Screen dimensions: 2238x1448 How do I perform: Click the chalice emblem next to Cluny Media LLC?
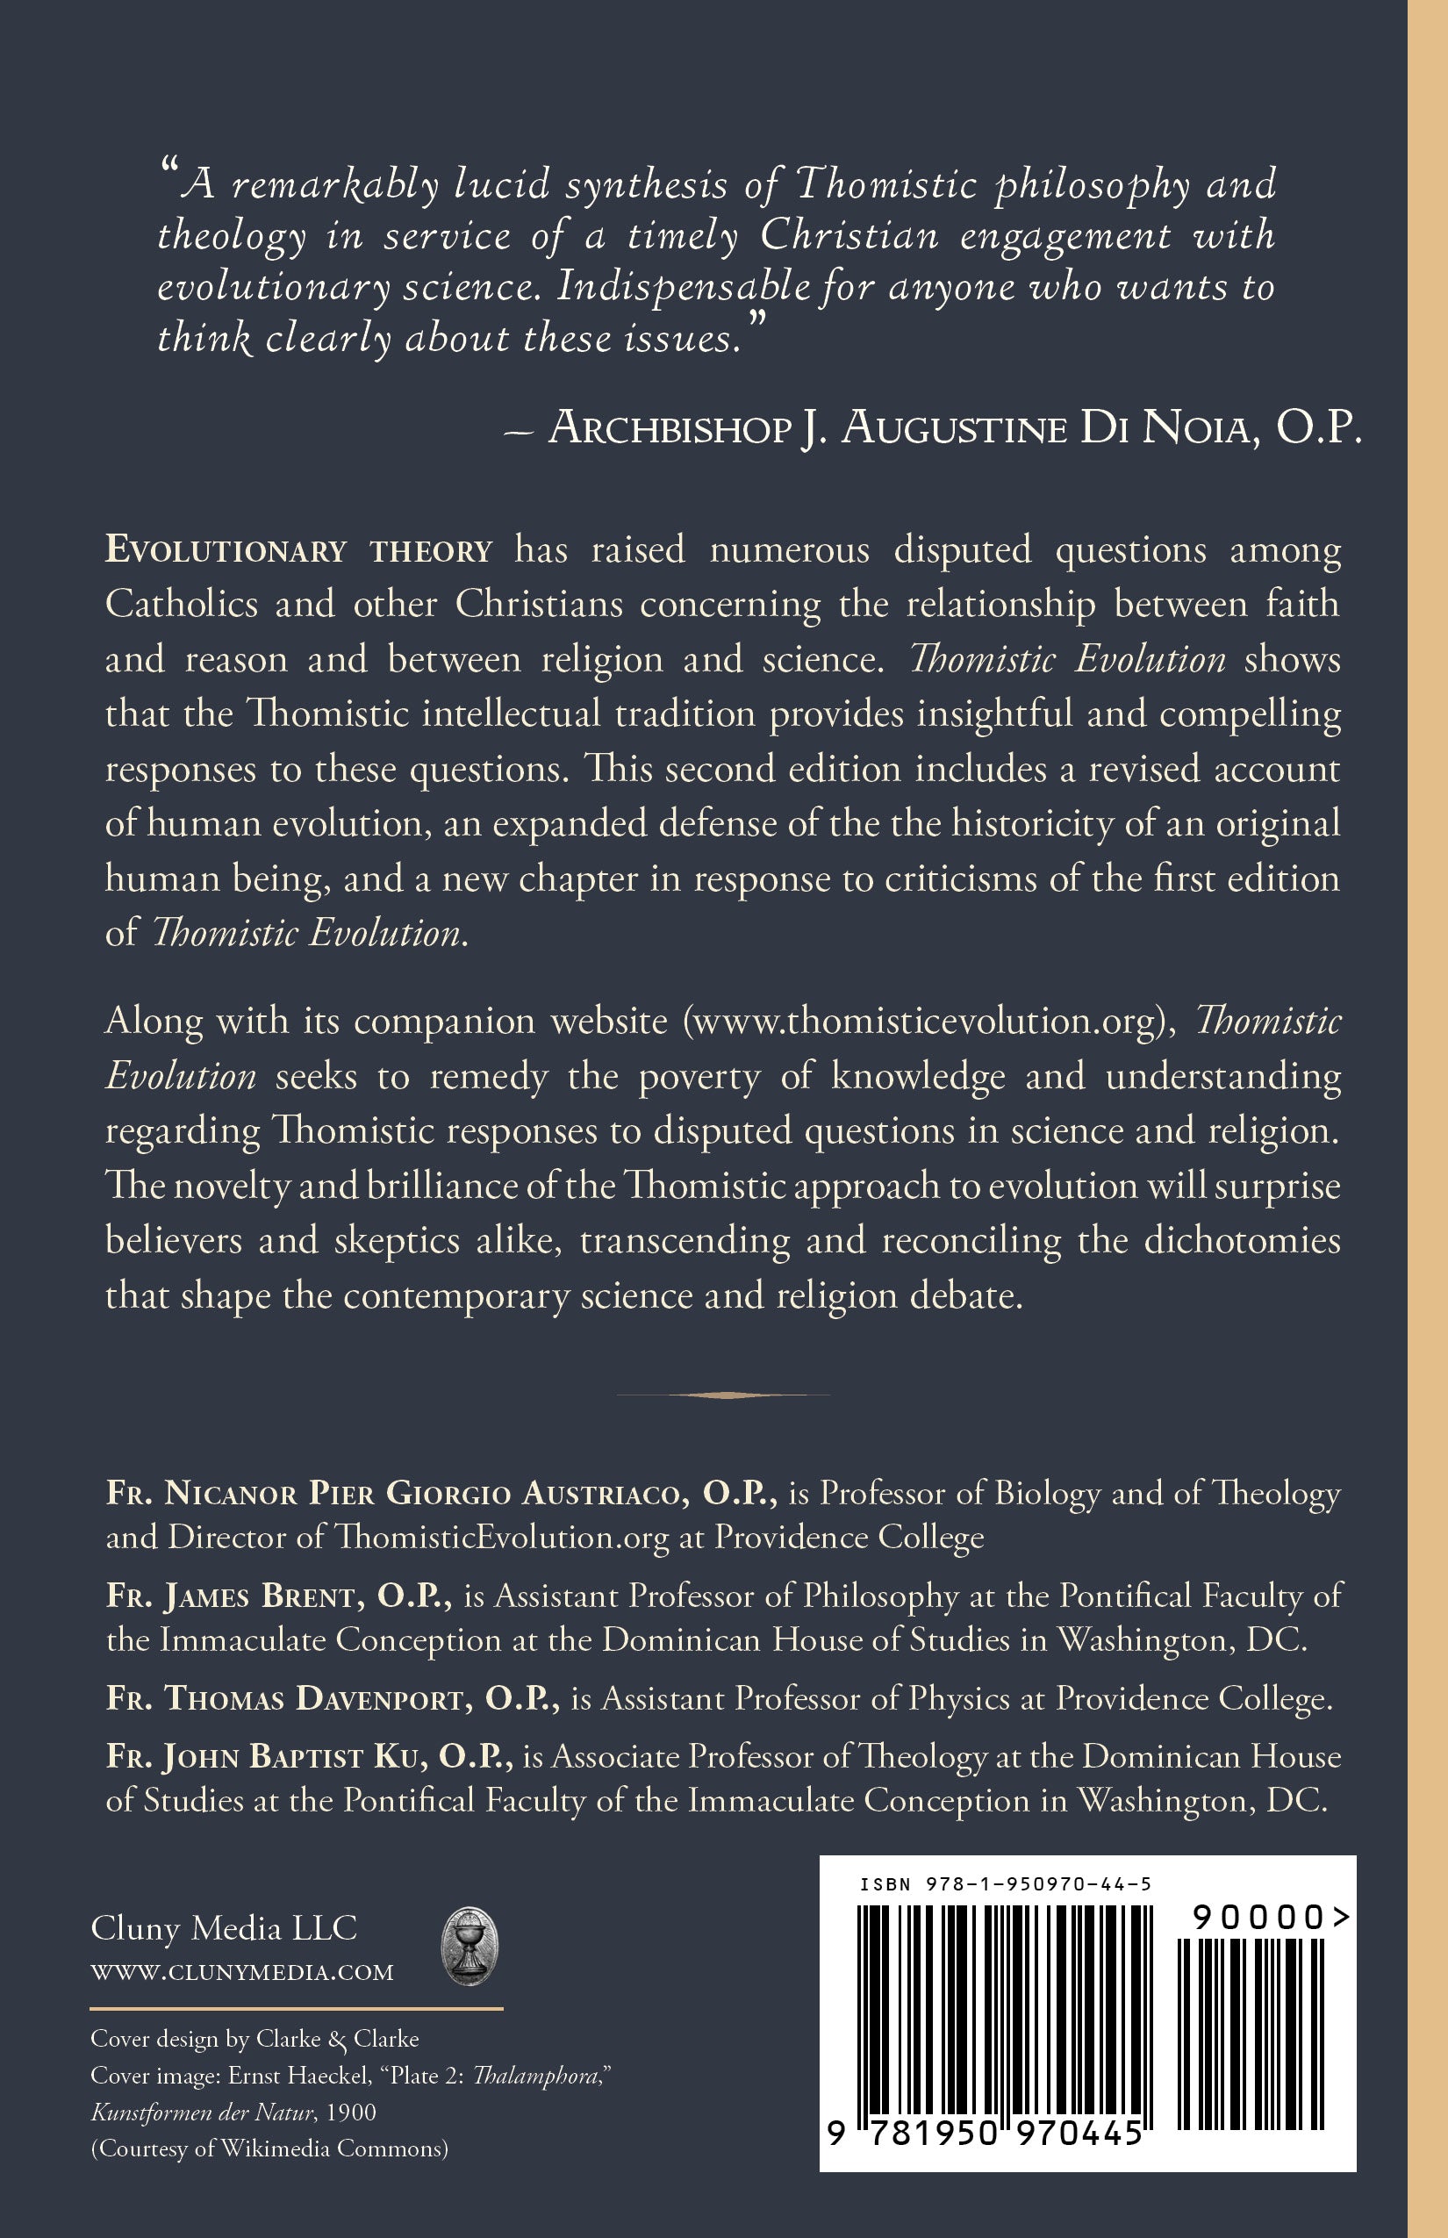tap(470, 1946)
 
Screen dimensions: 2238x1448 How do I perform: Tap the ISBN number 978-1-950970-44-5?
tap(1038, 1883)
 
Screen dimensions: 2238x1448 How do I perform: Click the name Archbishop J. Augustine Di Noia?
tap(955, 428)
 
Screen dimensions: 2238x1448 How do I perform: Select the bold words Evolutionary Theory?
tap(299, 550)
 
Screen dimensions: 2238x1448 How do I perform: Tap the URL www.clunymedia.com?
tap(241, 1972)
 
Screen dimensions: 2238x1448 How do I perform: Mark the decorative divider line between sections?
tap(723, 1395)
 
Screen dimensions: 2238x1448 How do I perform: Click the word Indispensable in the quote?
tap(684, 287)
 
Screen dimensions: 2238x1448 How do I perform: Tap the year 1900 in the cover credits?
tap(351, 2112)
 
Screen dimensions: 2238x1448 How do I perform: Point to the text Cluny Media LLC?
tap(224, 1927)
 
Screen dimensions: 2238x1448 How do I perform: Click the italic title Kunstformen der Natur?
tap(202, 2112)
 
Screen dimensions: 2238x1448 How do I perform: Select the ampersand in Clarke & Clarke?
tap(338, 2039)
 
